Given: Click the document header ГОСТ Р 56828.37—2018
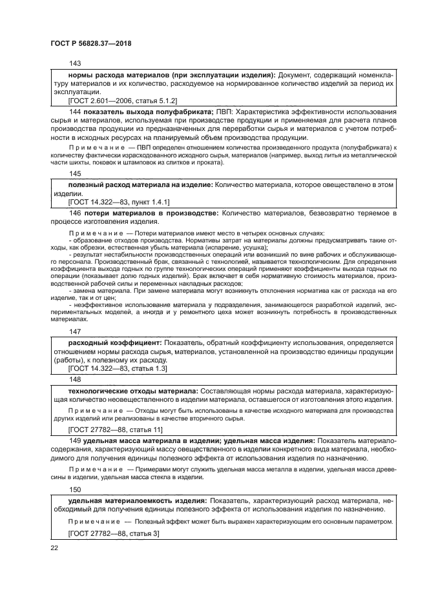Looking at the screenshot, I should (95, 44).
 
